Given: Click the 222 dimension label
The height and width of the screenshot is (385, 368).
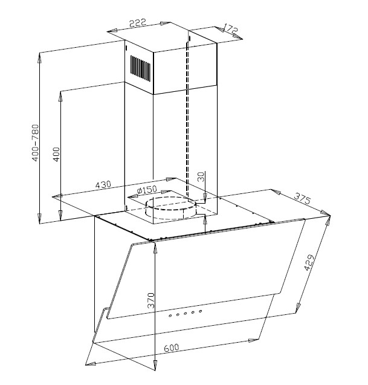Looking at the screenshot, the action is tap(138, 23).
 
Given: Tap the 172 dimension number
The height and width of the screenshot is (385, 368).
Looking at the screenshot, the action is tap(230, 28).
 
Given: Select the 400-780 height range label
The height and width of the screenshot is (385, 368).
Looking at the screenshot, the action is tap(36, 143).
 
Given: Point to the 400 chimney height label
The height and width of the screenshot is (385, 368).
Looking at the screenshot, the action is tap(56, 154).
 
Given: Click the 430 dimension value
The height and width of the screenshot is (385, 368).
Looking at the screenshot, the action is tap(103, 185).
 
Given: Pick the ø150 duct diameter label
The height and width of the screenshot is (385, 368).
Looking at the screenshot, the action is tap(147, 190).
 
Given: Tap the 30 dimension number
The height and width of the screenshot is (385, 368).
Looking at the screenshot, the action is tap(201, 176).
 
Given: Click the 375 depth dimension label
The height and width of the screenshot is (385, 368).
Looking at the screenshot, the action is tap(303, 198).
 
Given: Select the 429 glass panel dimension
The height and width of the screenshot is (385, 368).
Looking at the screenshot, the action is tap(309, 262).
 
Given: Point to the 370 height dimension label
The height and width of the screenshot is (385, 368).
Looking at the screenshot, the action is tap(150, 300).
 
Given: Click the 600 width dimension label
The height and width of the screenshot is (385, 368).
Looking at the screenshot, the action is tap(172, 348).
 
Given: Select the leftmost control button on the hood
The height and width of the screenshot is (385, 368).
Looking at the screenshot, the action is tap(170, 315).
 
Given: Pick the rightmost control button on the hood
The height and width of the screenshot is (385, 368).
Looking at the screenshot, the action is tap(201, 311).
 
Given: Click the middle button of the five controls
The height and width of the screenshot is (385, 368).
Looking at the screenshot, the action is tap(186, 313).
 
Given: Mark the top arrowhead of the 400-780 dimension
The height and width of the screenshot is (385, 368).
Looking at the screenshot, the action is tap(39, 58).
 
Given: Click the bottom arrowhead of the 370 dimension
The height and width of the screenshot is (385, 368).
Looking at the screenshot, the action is tap(155, 365).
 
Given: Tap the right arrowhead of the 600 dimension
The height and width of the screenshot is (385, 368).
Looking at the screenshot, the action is tap(253, 340).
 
